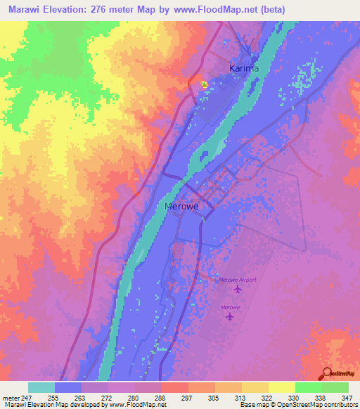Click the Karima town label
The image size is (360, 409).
pos(244,68)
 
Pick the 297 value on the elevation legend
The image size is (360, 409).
pos(174,398)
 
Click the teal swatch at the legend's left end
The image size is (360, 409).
pos(41,387)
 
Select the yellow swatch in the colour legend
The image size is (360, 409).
pos(281,387)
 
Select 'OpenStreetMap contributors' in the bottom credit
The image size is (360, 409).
pos(321,405)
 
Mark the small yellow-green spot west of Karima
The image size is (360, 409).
pos(204,84)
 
